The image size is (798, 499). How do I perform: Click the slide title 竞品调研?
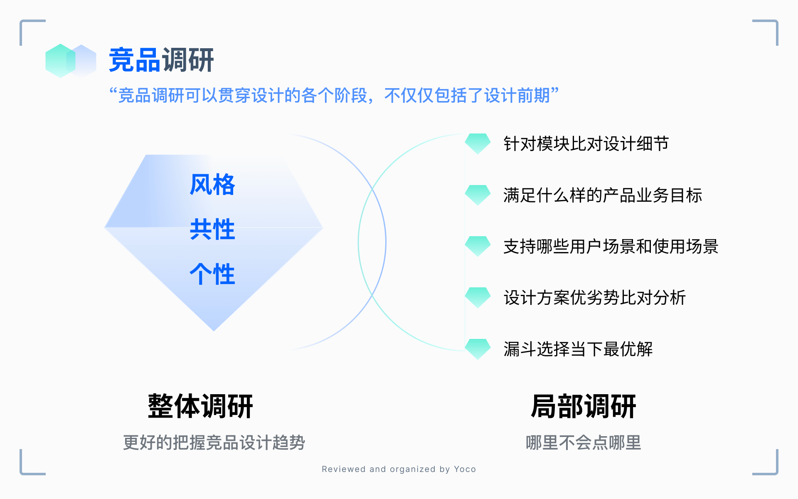point(161,60)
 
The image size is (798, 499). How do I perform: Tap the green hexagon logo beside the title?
point(60,61)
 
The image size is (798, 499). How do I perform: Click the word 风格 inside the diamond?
point(212,185)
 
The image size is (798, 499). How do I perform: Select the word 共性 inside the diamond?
point(212,230)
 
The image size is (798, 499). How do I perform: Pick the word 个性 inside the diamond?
point(212,274)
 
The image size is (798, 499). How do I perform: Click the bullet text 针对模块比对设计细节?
point(586,144)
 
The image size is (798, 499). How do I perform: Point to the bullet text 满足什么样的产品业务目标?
point(603,195)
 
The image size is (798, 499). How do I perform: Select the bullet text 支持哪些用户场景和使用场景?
point(611,247)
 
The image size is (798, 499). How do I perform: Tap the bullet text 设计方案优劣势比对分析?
point(594,298)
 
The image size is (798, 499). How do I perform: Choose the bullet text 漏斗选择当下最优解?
point(578,349)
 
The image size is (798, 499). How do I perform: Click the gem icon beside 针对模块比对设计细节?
point(478,143)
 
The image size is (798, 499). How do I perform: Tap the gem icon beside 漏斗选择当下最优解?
point(478,349)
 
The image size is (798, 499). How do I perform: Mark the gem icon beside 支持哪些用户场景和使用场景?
point(478,246)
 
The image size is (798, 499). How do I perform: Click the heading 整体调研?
point(200,406)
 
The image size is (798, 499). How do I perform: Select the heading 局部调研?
point(584,406)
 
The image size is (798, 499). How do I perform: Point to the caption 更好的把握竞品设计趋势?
point(214,442)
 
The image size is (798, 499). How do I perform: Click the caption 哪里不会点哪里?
point(584,442)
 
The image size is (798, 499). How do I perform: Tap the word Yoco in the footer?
point(465,469)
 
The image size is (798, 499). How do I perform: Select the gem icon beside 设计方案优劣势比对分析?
point(478,297)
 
